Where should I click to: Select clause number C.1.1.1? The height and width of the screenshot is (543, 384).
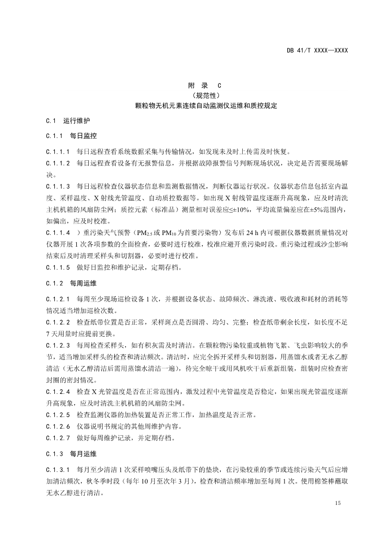(58, 151)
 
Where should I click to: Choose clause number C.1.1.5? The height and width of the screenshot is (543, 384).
(58, 268)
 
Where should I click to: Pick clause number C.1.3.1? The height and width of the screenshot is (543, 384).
(58, 469)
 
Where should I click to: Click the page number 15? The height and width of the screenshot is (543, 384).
(338, 504)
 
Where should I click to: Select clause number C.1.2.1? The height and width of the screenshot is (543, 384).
(58, 299)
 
